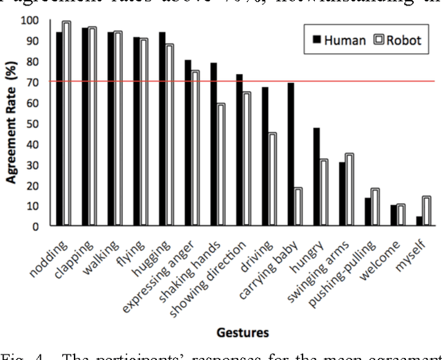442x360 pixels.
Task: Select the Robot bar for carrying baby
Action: click(x=298, y=207)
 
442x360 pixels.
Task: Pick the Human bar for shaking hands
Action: click(x=214, y=144)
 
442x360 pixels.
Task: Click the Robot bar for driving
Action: click(x=273, y=179)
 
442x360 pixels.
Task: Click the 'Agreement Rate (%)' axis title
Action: click(x=12, y=124)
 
